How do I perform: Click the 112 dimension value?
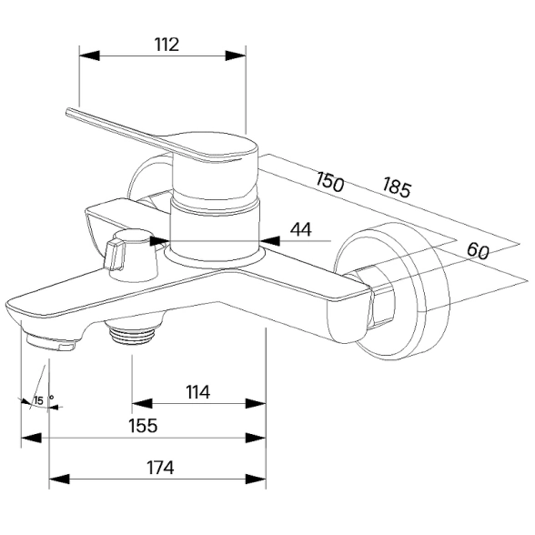tap(167, 45)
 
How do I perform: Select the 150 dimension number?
tap(329, 182)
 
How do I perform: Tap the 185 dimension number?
tap(397, 187)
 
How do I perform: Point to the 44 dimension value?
tap(300, 229)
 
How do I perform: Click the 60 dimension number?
tap(478, 250)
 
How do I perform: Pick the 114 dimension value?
tap(198, 392)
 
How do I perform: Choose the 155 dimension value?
tap(143, 426)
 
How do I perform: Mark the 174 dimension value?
tap(160, 468)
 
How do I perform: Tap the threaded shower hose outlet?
tap(133, 332)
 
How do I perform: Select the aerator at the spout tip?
tap(51, 342)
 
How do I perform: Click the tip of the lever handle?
tap(68, 112)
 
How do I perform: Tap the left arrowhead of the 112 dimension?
tap(89, 56)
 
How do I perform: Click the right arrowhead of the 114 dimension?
tap(256, 404)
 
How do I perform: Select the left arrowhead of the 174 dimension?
tap(59, 479)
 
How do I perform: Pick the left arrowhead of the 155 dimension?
tap(31, 438)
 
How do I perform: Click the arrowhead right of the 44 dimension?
tap(270, 241)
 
